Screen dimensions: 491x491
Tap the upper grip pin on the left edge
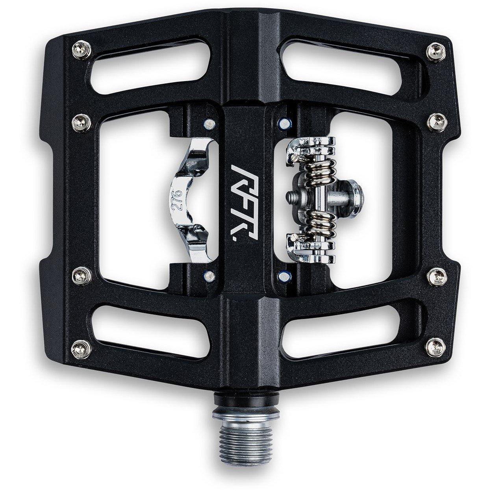click(79, 118)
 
